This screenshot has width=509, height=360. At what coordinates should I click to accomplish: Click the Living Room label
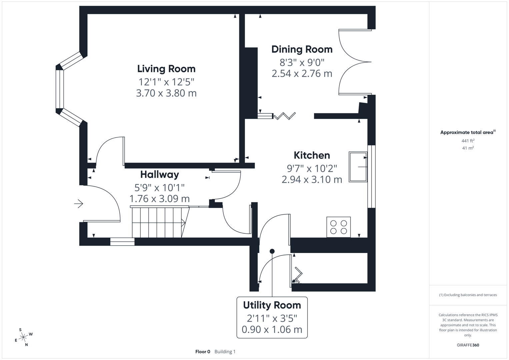166,69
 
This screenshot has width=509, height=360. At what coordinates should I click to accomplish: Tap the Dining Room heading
302,49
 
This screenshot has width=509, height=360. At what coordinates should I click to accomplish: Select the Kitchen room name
312,155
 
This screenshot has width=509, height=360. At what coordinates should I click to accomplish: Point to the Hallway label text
159,174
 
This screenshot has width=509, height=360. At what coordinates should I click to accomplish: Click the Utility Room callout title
272,305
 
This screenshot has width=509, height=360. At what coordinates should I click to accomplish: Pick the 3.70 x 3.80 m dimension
166,93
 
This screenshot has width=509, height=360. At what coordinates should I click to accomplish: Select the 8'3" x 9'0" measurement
302,62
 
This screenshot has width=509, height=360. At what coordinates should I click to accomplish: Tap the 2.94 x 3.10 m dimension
312,180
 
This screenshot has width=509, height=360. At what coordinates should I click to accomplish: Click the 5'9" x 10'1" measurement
159,188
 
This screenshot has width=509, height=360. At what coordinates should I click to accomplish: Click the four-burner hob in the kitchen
338,227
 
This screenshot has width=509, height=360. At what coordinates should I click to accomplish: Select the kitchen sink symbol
358,167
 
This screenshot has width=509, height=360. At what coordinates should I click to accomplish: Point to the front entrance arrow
79,203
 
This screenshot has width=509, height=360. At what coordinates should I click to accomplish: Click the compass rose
23,337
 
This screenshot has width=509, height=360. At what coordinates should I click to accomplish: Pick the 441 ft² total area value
468,141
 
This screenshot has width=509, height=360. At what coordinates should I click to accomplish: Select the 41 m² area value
468,148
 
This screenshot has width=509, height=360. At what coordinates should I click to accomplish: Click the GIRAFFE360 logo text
468,345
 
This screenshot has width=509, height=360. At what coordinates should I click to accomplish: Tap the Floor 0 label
203,351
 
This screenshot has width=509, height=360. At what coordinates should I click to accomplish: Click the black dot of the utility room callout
272,251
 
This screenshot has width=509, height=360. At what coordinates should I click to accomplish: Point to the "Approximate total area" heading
467,132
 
